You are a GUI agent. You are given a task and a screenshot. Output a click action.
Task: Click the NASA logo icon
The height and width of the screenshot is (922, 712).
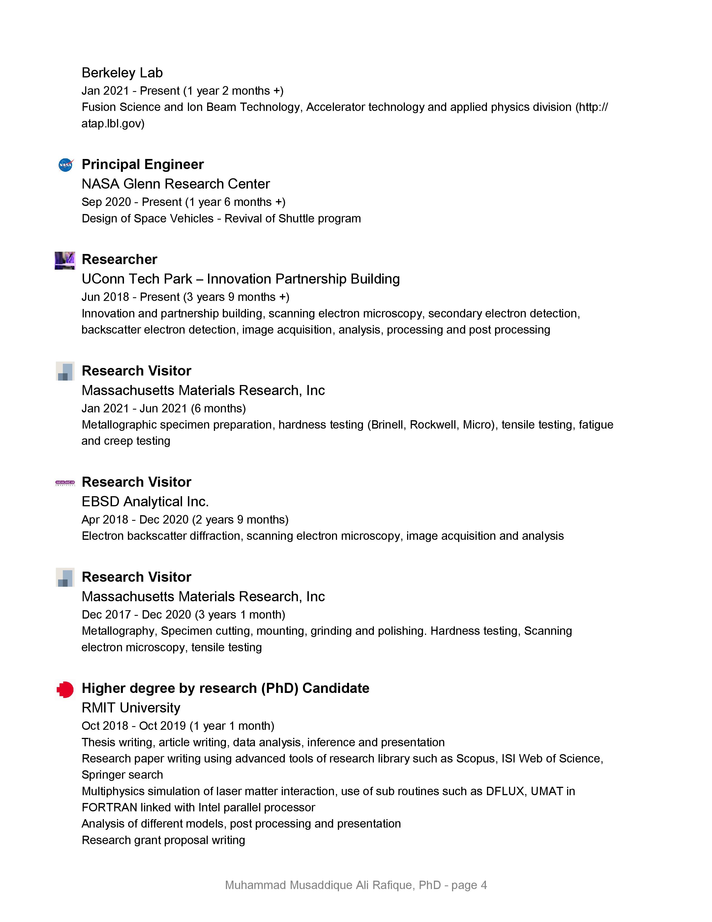65,165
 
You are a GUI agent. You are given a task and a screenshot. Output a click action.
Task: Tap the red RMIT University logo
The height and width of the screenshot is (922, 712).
65,689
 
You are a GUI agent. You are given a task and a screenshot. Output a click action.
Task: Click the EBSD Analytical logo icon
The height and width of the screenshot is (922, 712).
65,483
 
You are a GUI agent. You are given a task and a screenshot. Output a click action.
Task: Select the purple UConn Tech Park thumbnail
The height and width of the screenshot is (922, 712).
65,260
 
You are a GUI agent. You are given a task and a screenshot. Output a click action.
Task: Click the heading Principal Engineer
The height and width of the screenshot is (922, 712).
143,164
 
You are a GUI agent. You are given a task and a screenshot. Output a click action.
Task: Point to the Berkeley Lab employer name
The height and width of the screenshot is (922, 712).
122,73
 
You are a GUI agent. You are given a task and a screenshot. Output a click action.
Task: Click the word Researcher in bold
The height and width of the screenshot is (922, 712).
120,259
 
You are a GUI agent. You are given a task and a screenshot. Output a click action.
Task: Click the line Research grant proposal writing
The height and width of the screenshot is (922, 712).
163,840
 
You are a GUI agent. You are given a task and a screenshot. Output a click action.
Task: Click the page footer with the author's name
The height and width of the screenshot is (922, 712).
355,885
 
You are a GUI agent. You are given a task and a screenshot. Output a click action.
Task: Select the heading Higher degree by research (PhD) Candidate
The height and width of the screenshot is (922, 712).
225,688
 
